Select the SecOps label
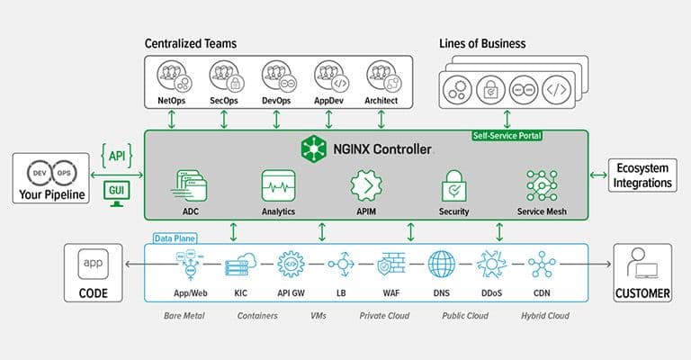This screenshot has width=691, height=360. [x=223, y=101]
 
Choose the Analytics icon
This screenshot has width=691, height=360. [x=278, y=184]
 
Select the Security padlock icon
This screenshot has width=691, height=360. [x=454, y=185]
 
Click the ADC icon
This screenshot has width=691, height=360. [x=191, y=184]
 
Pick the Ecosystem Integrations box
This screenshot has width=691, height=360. [x=642, y=175]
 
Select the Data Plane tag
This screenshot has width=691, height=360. [x=173, y=238]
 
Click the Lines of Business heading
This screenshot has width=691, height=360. [x=482, y=43]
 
